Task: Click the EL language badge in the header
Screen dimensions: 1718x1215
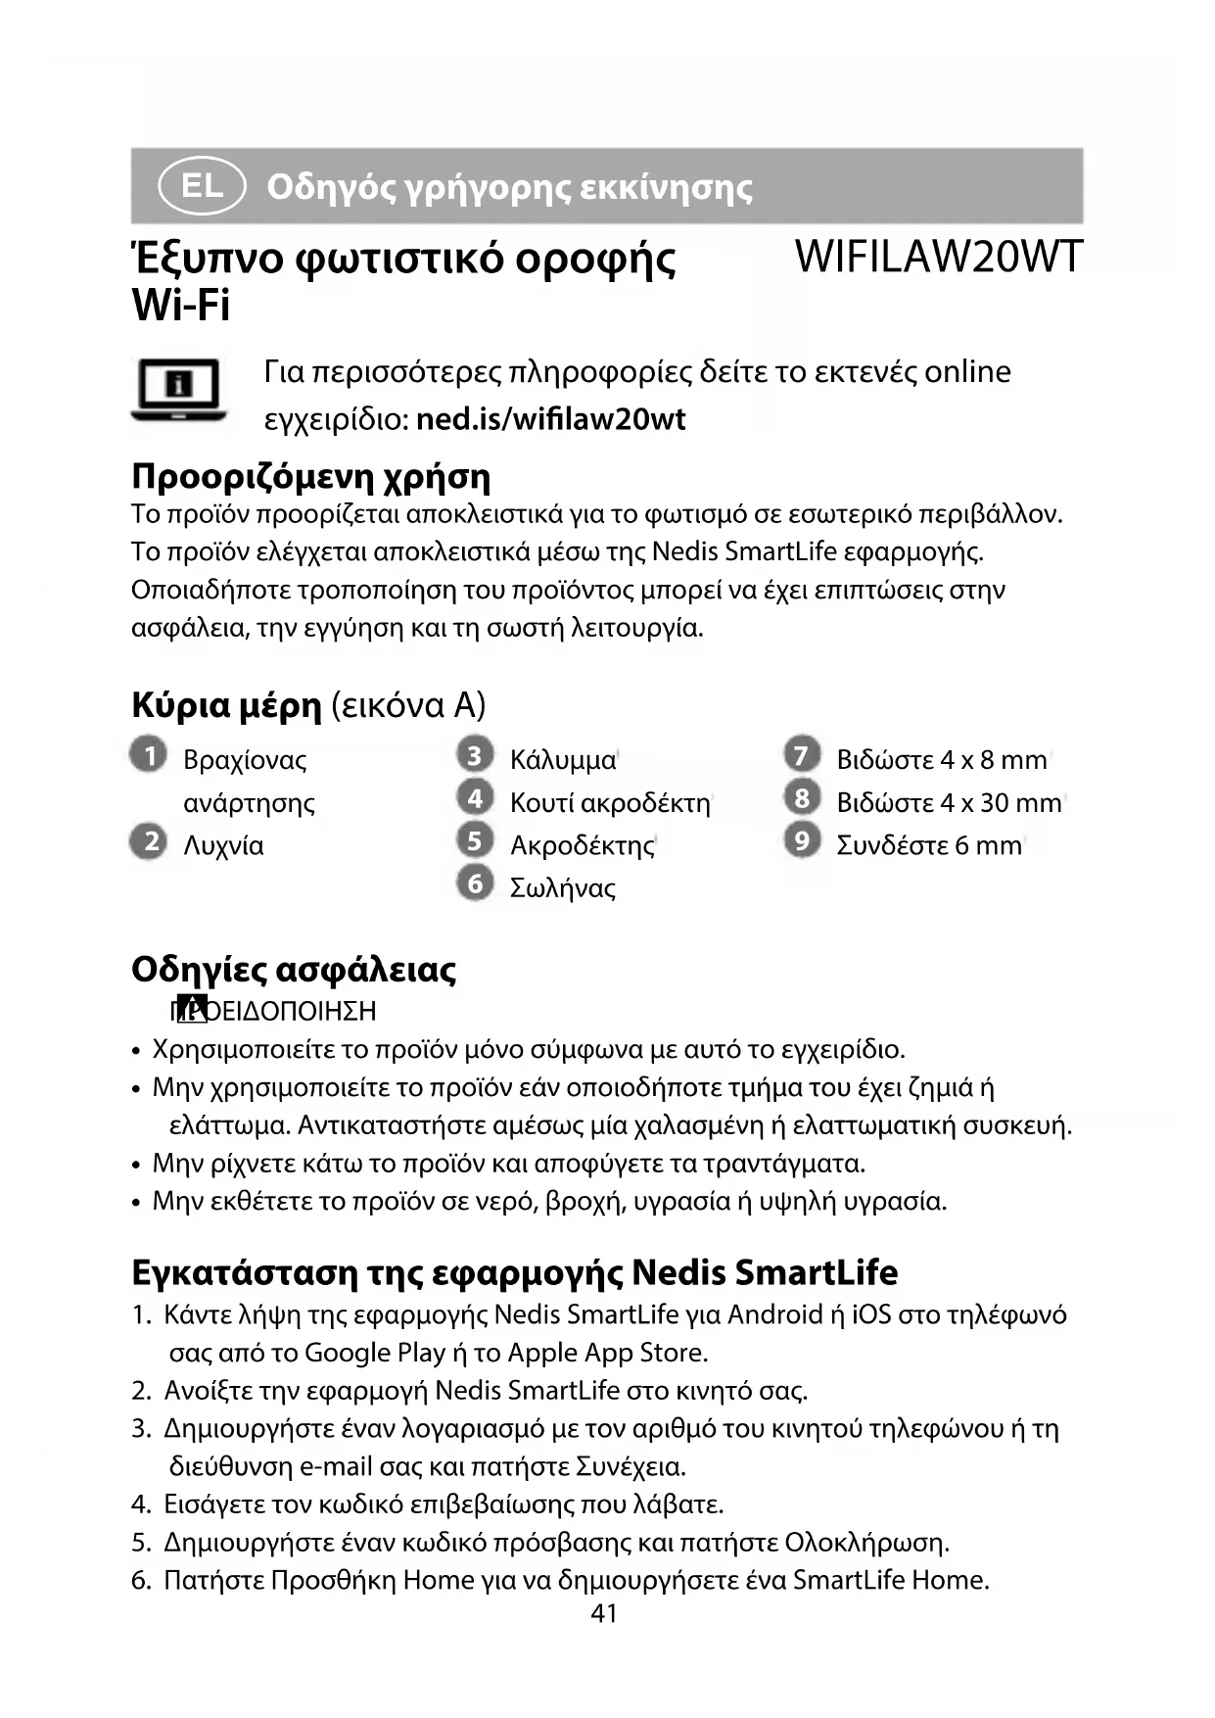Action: point(202,186)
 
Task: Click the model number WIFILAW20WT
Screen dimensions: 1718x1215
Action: point(938,257)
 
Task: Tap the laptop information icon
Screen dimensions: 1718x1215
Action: point(178,390)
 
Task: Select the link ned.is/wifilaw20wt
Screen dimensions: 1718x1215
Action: point(550,419)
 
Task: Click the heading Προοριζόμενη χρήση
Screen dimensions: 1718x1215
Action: point(310,477)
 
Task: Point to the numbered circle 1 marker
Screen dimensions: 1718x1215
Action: point(149,756)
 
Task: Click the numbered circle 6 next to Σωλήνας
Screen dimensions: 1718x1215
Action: point(475,883)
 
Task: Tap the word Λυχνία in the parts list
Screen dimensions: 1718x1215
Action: point(223,845)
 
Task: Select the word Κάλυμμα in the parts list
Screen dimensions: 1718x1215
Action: point(563,760)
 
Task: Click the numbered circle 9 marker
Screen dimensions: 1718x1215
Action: point(802,840)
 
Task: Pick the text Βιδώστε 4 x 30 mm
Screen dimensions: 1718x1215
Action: point(949,803)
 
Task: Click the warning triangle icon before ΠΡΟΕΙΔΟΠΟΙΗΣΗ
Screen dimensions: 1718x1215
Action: point(195,1006)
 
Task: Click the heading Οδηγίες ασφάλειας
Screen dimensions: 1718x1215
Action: point(294,970)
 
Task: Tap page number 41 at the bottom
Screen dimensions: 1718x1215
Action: point(604,1613)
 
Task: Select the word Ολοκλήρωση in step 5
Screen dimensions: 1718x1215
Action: point(865,1543)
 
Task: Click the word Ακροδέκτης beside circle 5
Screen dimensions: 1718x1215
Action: point(582,845)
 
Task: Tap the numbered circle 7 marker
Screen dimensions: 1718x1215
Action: point(802,755)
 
